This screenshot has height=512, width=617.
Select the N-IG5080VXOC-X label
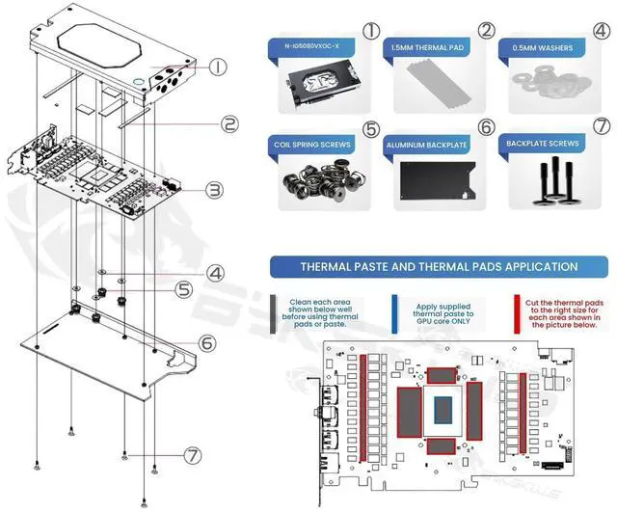314,46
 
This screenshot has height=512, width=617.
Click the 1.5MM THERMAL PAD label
428,46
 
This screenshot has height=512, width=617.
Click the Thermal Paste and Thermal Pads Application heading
439,266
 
